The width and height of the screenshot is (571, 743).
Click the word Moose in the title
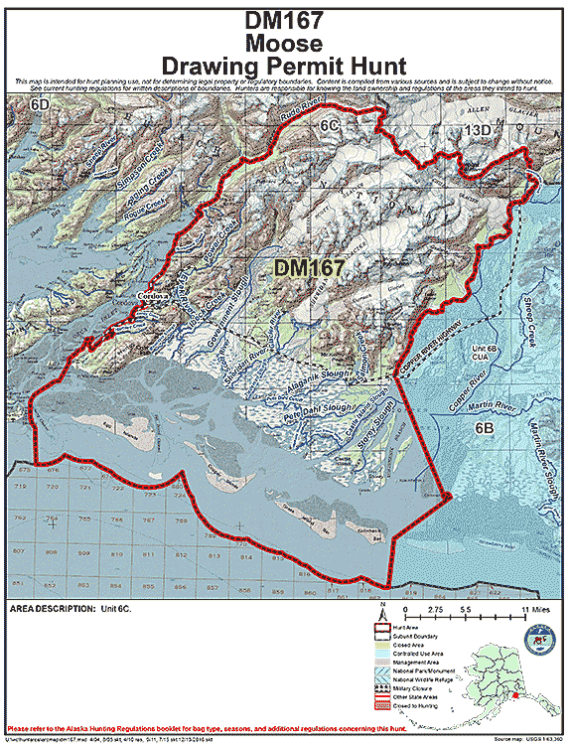285,43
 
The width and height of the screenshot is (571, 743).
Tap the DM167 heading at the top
285,20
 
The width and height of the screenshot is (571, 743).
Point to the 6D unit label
40,104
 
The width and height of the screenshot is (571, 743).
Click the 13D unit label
479,130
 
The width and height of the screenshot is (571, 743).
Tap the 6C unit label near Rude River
330,127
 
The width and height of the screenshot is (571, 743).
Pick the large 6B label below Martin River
484,427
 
